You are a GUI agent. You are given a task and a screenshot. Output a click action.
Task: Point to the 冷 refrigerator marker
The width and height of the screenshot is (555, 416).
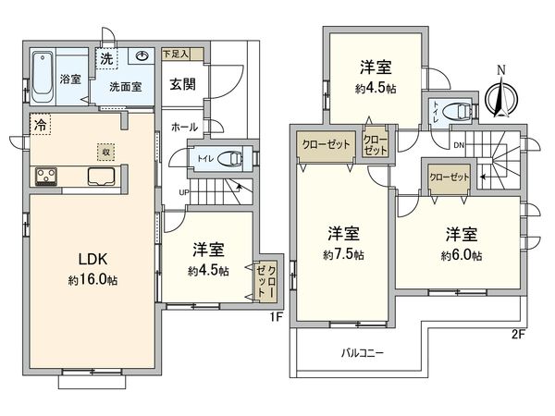[x=40, y=123]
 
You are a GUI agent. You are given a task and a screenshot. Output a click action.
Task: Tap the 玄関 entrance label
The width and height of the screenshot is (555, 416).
[x=181, y=82]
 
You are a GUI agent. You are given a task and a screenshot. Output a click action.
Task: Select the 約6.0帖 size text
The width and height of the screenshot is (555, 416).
[x=461, y=255]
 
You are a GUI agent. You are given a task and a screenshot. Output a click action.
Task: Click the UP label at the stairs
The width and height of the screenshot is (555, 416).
[x=183, y=191]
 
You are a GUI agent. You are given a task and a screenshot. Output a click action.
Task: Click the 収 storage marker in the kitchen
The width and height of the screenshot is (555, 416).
[x=105, y=149]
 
